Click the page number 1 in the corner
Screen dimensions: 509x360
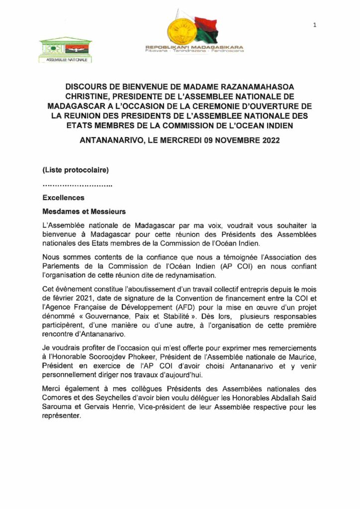tap(315, 25)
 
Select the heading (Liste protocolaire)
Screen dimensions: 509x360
tap(76, 170)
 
